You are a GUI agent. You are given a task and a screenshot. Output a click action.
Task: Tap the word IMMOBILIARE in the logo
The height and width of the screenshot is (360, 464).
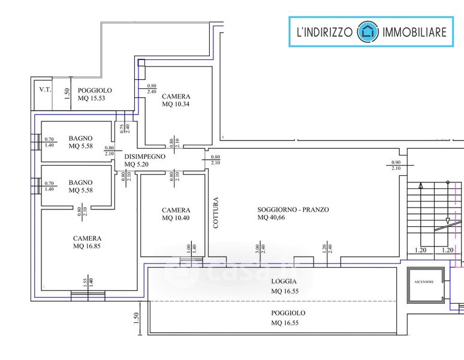click(414, 32)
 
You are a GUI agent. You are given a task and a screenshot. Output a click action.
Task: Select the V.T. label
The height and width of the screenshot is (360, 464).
click(45, 90)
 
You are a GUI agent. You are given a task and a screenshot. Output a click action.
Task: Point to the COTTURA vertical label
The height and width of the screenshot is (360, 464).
click(216, 213)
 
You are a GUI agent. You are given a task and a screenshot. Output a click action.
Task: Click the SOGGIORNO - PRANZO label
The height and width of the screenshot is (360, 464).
click(294, 209)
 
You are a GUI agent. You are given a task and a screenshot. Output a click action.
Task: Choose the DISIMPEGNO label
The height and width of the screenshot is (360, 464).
click(144, 156)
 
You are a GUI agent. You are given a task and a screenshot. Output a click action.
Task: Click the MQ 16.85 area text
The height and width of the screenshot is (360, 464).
click(88, 245)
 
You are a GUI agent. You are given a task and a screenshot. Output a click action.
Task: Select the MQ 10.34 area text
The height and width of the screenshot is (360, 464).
click(176, 104)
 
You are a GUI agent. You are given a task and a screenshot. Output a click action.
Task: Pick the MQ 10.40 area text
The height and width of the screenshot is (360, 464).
click(176, 218)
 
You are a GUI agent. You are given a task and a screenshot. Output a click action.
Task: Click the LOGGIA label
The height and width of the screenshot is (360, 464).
click(284, 281)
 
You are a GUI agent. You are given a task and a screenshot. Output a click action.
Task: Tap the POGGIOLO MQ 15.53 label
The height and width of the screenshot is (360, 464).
click(95, 94)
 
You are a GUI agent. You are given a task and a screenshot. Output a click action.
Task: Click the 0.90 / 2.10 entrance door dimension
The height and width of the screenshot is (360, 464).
click(396, 165)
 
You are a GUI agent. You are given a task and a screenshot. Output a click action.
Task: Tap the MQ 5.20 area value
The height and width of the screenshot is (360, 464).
click(137, 164)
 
